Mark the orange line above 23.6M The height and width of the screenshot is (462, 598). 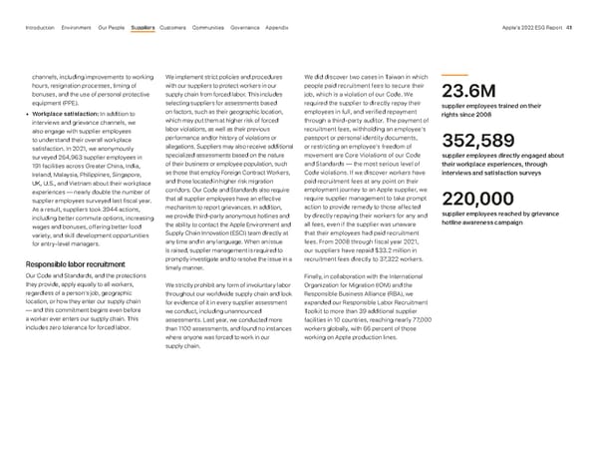[454, 76]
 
